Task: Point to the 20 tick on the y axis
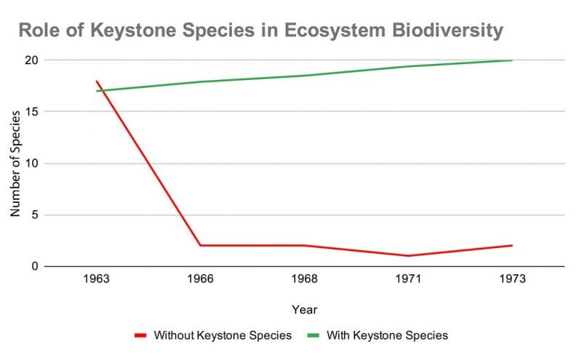tap(29, 60)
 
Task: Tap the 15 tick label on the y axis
tap(29, 111)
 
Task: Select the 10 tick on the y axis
tap(29, 163)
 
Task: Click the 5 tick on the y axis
tap(33, 215)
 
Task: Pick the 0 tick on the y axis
tap(33, 267)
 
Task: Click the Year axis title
tap(304, 310)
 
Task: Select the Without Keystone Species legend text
tap(223, 335)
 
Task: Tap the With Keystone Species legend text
tap(387, 335)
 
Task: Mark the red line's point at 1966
tap(200, 246)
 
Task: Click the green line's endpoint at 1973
tap(512, 60)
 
